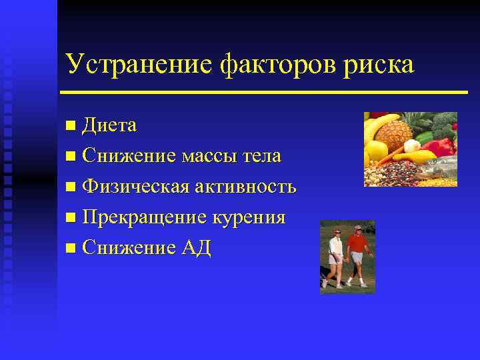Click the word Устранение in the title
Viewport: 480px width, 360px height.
137,64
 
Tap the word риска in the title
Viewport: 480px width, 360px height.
382,65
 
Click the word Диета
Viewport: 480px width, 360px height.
110,125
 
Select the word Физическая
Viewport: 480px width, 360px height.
135,187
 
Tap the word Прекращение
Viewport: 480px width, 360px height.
146,218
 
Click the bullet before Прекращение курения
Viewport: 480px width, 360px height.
71,218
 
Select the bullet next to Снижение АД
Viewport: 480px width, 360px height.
71,249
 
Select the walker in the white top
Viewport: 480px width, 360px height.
336,257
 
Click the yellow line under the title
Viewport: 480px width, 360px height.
264,91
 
